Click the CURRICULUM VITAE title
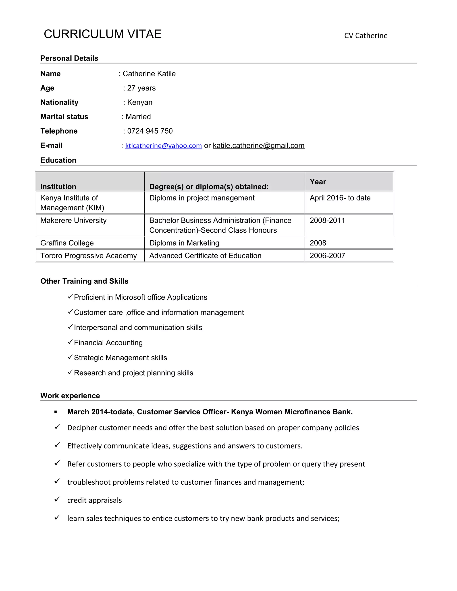(x=103, y=34)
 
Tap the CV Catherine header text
(x=366, y=36)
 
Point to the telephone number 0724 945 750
(x=150, y=131)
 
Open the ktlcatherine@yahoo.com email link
(x=164, y=146)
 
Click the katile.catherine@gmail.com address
(x=259, y=146)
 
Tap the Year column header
(x=318, y=182)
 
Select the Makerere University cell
(x=73, y=220)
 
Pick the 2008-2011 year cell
(x=327, y=220)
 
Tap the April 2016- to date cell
(x=340, y=198)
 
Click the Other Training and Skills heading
(x=84, y=281)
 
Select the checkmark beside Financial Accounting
(x=70, y=342)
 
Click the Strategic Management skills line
(x=120, y=358)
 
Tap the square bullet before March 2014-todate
(x=56, y=412)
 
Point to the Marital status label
(x=64, y=117)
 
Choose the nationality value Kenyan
(x=140, y=102)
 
